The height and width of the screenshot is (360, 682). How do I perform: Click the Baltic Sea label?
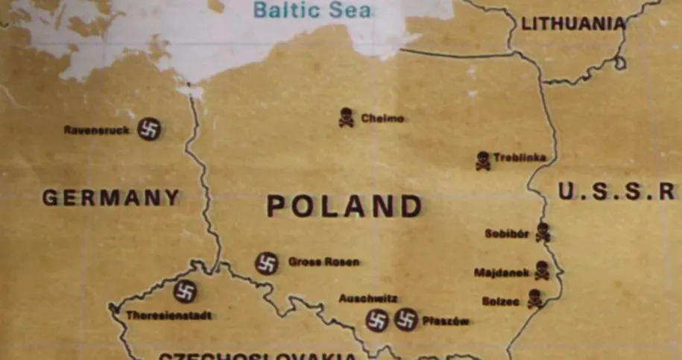click(312, 10)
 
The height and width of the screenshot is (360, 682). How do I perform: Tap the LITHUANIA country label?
click(572, 24)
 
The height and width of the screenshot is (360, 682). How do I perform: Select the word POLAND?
click(344, 206)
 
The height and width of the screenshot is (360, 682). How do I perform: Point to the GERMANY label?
click(111, 198)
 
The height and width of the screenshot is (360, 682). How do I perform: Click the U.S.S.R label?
click(616, 192)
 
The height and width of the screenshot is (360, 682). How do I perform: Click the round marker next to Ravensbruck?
click(149, 130)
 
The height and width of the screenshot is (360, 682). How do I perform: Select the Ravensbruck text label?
click(97, 130)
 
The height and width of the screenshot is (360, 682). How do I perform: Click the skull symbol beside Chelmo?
click(347, 117)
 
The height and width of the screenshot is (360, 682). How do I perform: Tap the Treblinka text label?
click(520, 158)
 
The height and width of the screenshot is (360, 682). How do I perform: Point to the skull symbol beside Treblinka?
click(483, 160)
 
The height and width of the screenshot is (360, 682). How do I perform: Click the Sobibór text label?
click(507, 234)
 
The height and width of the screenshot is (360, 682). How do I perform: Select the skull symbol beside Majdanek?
click(542, 271)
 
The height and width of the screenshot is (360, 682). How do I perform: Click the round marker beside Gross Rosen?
click(267, 262)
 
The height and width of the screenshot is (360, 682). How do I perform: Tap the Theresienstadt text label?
click(168, 315)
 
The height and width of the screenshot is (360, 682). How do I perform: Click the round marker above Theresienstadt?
click(185, 291)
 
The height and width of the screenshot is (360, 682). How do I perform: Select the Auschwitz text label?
click(368, 299)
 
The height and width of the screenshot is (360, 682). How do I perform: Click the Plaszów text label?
click(446, 321)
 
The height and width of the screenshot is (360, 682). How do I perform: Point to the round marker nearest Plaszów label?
click(405, 320)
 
